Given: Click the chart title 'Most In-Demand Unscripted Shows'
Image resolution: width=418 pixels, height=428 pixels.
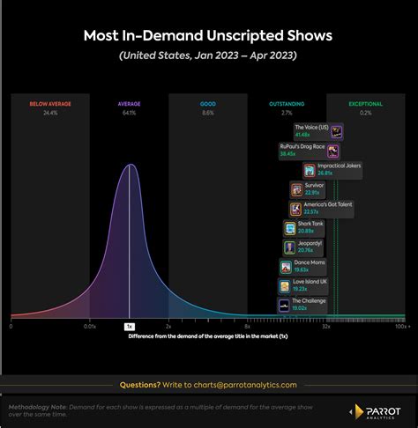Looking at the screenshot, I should point(208,36).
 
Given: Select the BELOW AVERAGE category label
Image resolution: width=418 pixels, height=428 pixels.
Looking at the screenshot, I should point(50,104).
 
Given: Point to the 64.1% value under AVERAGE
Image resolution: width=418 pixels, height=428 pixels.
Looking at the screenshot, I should point(129,113).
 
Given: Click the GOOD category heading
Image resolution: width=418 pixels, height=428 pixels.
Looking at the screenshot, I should point(208,104).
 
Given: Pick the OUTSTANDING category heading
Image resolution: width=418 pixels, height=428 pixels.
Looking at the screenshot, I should point(287,104).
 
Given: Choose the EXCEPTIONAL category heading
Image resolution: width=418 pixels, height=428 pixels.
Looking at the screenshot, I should point(365,104).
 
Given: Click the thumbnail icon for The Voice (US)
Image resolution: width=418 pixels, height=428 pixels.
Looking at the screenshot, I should point(335,130).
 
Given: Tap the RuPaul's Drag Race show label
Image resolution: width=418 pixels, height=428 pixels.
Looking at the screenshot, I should point(301,146).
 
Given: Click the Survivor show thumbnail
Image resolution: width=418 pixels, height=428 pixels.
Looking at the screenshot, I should point(296,189).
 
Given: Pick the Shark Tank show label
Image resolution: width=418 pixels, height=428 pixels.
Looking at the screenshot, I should point(311,224).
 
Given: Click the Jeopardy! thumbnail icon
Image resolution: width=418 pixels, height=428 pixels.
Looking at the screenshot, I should point(290,247).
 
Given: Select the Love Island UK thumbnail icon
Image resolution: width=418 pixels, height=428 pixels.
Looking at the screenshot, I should point(285,286).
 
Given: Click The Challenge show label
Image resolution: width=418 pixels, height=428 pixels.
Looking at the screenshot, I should point(309,301).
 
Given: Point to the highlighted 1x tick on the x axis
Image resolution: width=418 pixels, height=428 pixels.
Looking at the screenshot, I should point(129,326).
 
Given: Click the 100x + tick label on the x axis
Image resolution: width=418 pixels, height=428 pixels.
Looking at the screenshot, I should point(401,326).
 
